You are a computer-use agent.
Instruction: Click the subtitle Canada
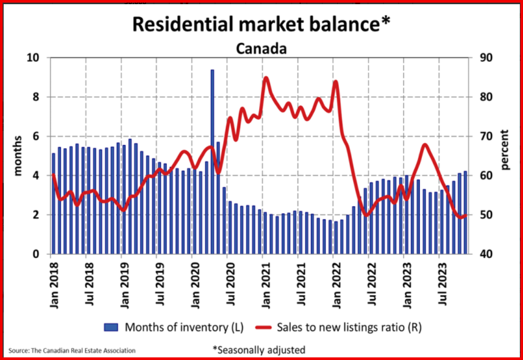point(261,49)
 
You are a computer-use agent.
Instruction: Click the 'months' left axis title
point(18,156)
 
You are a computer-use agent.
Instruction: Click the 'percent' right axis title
point(505,150)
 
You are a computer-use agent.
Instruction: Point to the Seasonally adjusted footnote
point(259,349)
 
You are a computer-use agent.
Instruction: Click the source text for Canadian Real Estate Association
point(72,350)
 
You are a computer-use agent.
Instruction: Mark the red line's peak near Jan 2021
point(265,78)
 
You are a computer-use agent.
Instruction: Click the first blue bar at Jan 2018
point(53,204)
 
